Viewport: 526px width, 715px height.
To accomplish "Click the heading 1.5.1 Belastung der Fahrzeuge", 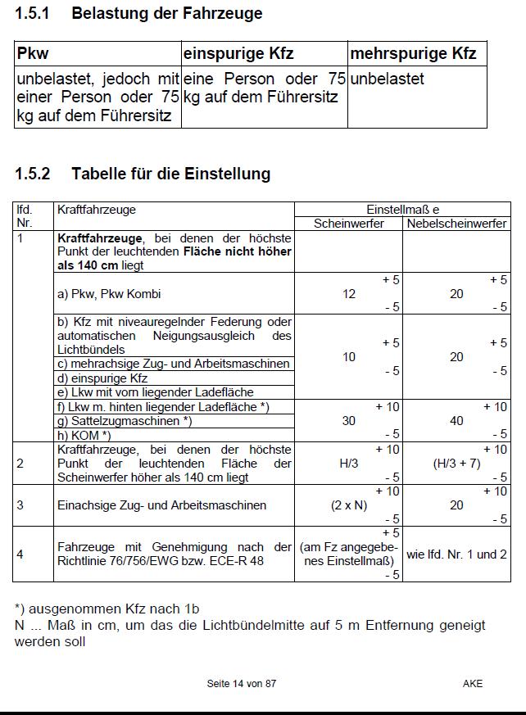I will (x=138, y=14).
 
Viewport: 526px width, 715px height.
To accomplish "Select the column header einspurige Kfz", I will (x=238, y=54).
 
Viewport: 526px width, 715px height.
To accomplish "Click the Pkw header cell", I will (x=33, y=54).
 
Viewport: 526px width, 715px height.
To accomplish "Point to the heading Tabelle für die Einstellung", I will (x=170, y=174).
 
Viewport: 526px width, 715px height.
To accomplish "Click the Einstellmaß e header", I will (x=402, y=210).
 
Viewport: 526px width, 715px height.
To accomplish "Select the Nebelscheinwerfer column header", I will (x=456, y=224).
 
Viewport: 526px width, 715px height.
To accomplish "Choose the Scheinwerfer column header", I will (x=349, y=224).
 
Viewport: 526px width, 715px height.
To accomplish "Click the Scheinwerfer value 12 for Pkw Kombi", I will (x=349, y=294).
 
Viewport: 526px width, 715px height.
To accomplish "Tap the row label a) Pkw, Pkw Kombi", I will (x=116, y=294).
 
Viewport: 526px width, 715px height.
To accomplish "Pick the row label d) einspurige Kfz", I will (x=102, y=378).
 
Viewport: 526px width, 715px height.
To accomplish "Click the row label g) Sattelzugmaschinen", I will (x=123, y=421).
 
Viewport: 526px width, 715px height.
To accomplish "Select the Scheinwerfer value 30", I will (x=349, y=421).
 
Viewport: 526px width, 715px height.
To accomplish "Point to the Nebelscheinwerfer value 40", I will (x=456, y=421).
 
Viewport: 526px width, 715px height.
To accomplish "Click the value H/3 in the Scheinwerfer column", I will (x=349, y=464).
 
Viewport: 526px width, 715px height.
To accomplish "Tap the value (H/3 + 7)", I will (x=456, y=464).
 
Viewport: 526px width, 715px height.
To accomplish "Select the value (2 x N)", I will (x=349, y=505).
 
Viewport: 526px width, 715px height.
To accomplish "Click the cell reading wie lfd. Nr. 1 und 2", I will (x=456, y=554).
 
